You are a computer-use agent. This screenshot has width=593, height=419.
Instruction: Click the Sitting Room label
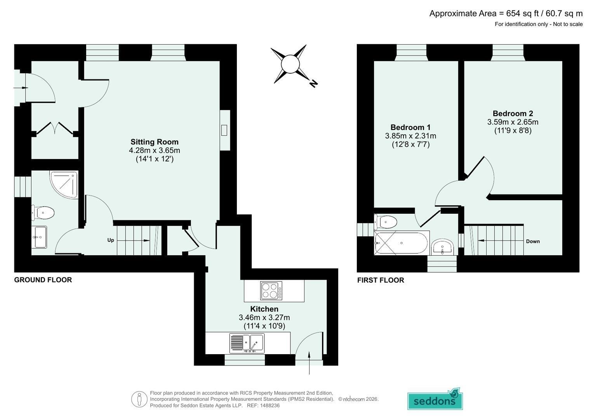coord(155,142)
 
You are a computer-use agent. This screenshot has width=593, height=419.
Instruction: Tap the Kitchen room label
coord(264,309)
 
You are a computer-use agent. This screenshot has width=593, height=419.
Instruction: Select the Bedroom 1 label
coord(410,127)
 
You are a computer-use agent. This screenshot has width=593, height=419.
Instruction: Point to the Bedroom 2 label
coord(513,113)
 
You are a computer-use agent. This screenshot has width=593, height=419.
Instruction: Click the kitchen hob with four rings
coord(271,291)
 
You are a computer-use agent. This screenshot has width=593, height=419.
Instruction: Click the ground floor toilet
coord(43,213)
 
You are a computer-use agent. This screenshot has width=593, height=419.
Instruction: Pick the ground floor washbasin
coord(39,237)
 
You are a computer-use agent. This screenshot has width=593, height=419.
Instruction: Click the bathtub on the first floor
coord(401,243)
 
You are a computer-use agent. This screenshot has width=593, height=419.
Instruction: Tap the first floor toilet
coord(386,222)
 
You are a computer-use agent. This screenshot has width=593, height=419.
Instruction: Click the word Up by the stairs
coord(111,240)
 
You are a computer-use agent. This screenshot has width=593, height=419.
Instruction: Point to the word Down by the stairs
coord(533,241)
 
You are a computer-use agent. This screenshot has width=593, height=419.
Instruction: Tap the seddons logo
coord(435,399)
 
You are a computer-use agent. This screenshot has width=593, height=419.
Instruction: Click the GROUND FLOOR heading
coord(43,280)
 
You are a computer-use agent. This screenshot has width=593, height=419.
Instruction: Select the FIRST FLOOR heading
coord(381,280)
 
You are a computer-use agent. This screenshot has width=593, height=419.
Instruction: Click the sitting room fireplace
coord(225,130)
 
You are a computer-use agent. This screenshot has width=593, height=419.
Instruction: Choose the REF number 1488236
coord(270,405)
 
